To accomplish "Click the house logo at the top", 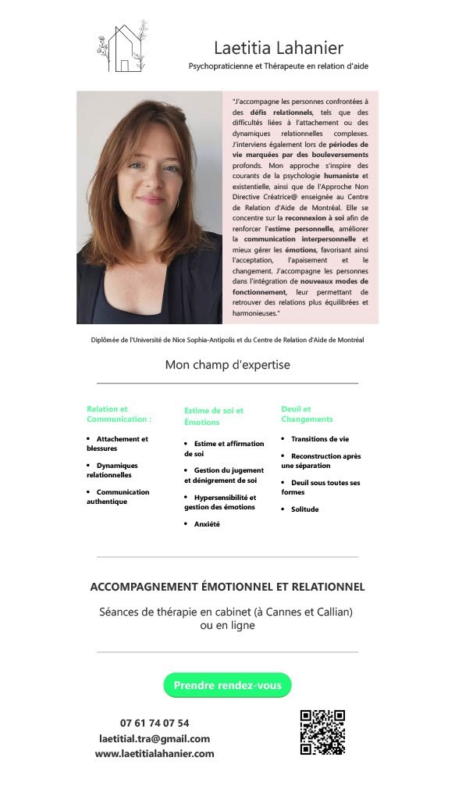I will (x=123, y=47).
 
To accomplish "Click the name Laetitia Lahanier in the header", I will (x=278, y=48).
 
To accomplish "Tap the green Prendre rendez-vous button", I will (x=227, y=685).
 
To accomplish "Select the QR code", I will (x=322, y=732).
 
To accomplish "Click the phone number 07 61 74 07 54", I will (x=155, y=723).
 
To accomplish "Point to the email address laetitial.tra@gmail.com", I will (x=155, y=738).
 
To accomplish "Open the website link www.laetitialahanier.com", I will (x=155, y=754).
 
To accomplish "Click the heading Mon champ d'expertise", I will (x=227, y=365).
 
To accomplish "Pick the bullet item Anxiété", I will (x=207, y=524).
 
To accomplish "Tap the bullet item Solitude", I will (x=304, y=509).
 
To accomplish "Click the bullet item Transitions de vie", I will (x=320, y=439).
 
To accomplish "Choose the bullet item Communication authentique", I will (x=118, y=497).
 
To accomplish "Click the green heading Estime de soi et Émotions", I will (x=214, y=416).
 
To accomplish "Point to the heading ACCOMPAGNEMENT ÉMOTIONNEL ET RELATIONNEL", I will (x=227, y=587).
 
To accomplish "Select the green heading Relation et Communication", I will (x=119, y=414).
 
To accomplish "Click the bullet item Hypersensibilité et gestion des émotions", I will (x=220, y=502).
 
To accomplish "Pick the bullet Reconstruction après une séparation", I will (x=320, y=460).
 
